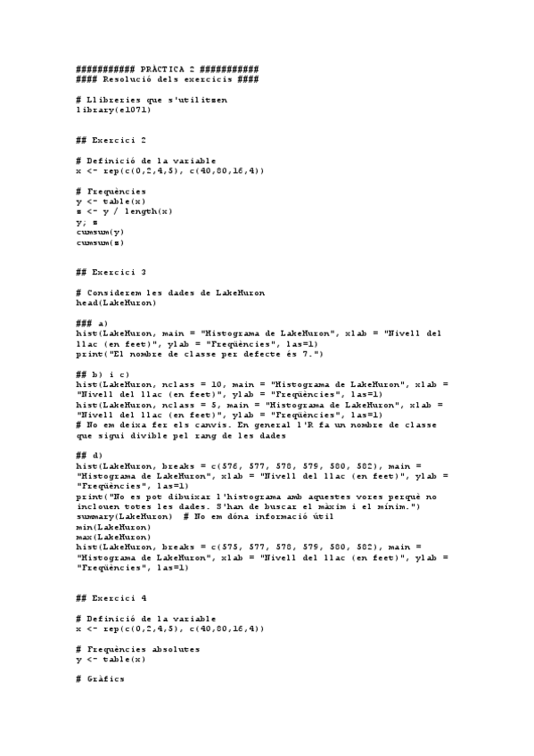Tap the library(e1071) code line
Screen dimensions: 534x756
click(114, 110)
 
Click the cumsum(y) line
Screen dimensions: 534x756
click(100, 231)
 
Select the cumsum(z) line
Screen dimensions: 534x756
click(100, 241)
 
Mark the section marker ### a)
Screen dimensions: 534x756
click(91, 322)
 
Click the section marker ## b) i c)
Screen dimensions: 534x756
click(103, 373)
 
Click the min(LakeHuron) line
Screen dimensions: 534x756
click(114, 527)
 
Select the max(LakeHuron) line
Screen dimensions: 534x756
click(114, 537)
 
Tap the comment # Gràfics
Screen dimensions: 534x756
click(101, 679)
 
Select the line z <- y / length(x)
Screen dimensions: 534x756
click(125, 211)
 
